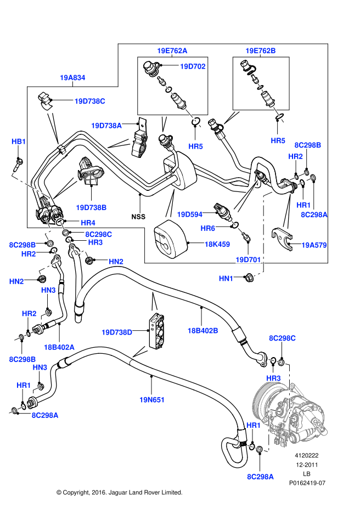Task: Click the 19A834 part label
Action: pyautogui.click(x=72, y=78)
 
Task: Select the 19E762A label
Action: pyautogui.click(x=172, y=50)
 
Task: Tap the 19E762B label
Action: pyautogui.click(x=261, y=50)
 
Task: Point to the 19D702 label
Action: pyautogui.click(x=193, y=66)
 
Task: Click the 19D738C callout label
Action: pyautogui.click(x=90, y=101)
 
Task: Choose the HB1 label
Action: pyautogui.click(x=19, y=142)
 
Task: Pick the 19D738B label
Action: pyautogui.click(x=91, y=207)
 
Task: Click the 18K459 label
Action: pyautogui.click(x=217, y=243)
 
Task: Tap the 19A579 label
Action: pyautogui.click(x=314, y=246)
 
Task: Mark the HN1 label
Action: pyautogui.click(x=226, y=279)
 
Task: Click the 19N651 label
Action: pyautogui.click(x=152, y=400)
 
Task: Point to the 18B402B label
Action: pyautogui.click(x=203, y=330)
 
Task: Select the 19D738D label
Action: pyautogui.click(x=117, y=332)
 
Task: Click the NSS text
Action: pyautogui.click(x=138, y=216)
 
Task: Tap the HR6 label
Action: pyautogui.click(x=207, y=228)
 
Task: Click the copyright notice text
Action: pyautogui.click(x=119, y=493)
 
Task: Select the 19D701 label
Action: pyautogui.click(x=248, y=259)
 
